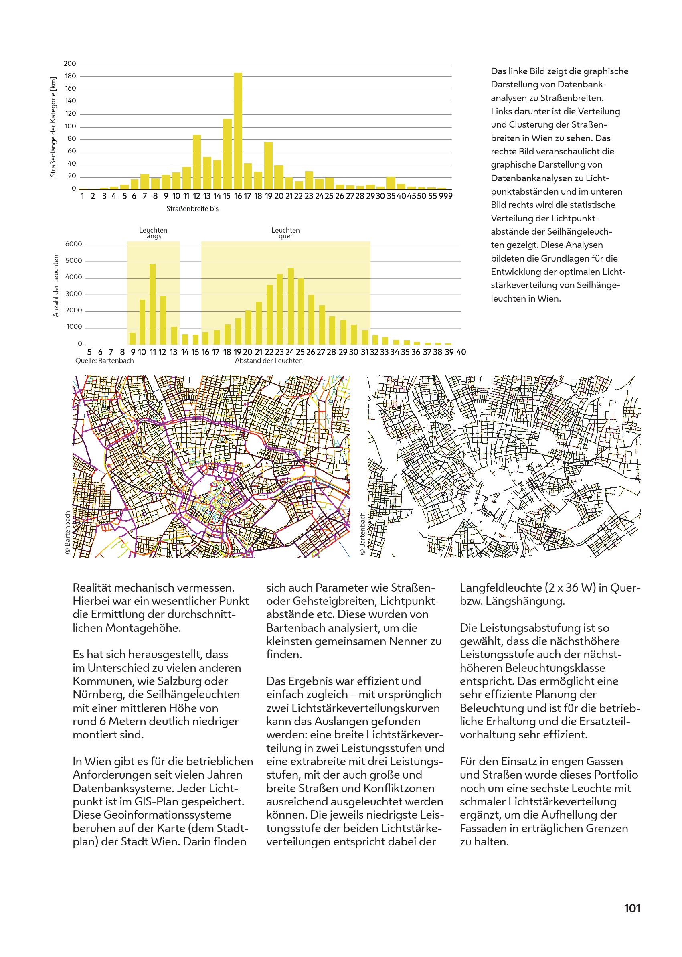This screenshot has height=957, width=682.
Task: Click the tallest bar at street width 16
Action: pos(238,131)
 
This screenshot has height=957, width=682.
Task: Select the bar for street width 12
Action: pos(196,162)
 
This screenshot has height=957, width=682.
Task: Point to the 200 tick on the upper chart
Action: pos(70,64)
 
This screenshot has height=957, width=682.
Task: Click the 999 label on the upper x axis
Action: pos(445,196)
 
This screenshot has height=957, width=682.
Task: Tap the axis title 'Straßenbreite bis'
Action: pos(192,209)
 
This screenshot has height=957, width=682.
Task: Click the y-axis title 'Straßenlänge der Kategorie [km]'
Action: pos(53,127)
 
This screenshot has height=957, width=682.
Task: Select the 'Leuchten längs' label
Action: pos(153,233)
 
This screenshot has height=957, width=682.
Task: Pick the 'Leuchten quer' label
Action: pos(285,233)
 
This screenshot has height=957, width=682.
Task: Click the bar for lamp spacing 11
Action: pos(152,304)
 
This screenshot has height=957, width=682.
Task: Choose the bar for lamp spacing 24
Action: pos(291,306)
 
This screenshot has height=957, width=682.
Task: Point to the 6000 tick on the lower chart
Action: pos(73,244)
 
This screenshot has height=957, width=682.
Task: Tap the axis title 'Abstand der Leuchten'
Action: pos(269,361)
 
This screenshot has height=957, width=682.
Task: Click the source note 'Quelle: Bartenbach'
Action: pos(105,361)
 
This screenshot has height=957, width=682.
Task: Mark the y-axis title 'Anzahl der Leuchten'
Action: pos(55,286)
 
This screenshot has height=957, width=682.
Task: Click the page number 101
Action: pos(632,908)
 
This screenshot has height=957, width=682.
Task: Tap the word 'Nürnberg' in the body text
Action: pos(99,694)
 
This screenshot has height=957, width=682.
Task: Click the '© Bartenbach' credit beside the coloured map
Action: pos(67,532)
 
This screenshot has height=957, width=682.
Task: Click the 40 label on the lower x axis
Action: pos(461,352)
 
